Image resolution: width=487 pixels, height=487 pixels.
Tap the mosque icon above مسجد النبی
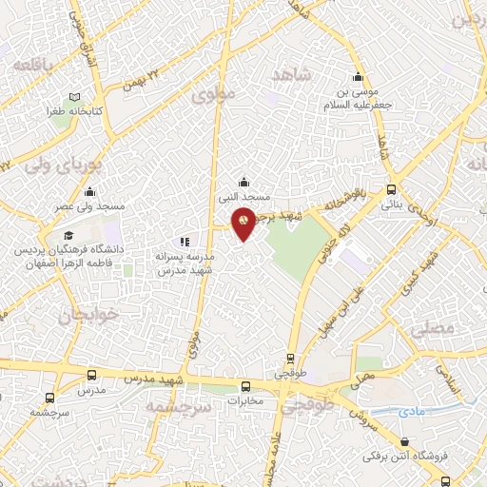tap(243, 182)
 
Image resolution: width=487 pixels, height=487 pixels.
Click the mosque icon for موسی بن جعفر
tap(359, 78)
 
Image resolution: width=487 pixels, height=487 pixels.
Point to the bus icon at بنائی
tap(392, 189)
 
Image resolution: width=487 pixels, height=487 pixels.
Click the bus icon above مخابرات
tap(246, 386)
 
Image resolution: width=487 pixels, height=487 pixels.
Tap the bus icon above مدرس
tap(90, 376)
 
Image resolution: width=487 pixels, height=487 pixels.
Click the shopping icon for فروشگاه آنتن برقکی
tap(407, 440)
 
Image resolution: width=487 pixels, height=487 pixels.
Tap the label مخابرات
tap(245, 401)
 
